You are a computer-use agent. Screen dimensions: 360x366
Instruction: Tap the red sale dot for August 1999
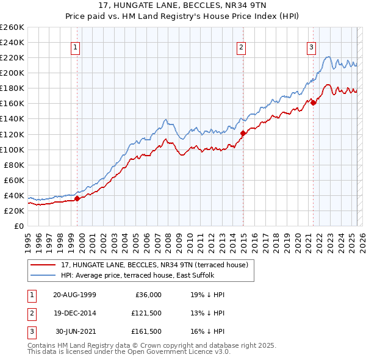pos(77,198)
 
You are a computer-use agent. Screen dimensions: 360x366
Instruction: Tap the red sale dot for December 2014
pos(243,133)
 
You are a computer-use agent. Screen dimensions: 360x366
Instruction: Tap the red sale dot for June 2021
pos(314,103)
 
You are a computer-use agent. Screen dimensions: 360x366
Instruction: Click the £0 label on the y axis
pos(18,226)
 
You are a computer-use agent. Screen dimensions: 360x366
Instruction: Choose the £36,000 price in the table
pos(148,295)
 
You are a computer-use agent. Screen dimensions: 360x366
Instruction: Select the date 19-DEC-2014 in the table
pos(74,313)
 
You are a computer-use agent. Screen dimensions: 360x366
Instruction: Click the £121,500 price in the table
pos(146,313)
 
